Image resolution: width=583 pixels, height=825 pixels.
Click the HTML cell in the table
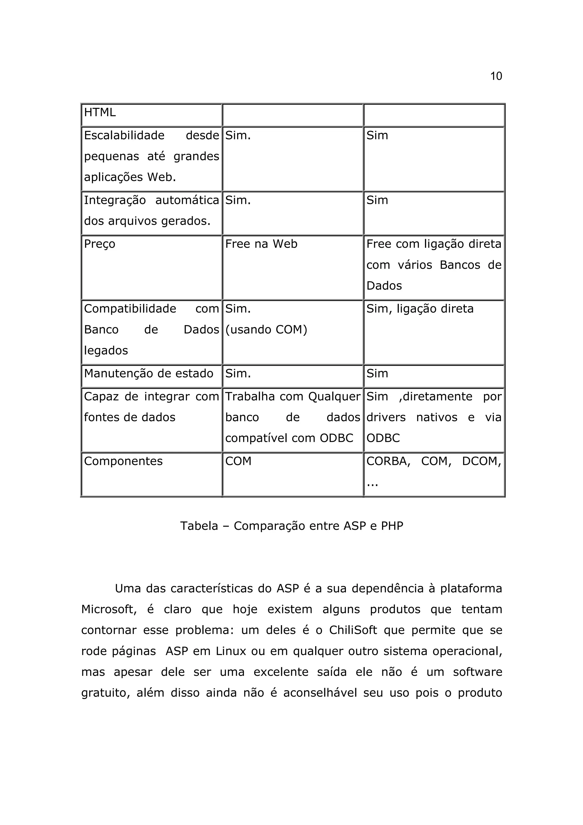tap(100, 112)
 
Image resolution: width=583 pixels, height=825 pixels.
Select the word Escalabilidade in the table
tap(124, 136)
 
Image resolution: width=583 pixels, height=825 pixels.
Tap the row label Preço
tap(100, 244)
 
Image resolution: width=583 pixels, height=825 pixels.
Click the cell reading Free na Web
tap(261, 244)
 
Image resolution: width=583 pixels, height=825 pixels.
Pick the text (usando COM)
tap(266, 329)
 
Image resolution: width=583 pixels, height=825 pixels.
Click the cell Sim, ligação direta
tap(420, 309)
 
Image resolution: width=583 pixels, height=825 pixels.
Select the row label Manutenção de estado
tap(148, 374)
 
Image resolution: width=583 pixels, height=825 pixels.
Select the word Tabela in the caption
tap(199, 526)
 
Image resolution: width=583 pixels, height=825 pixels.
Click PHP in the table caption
tap(392, 526)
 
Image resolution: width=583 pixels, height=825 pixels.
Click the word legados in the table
tap(106, 350)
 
